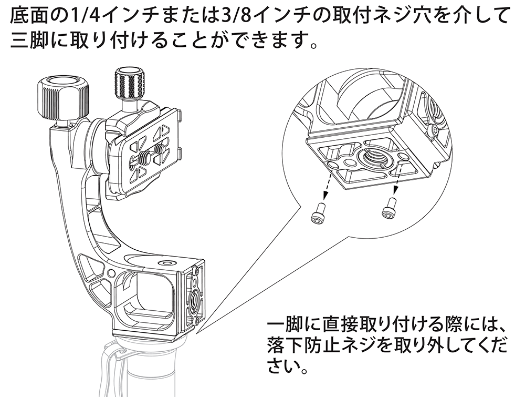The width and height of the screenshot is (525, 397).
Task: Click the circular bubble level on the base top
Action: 169,261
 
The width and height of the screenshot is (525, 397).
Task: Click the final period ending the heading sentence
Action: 311,45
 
